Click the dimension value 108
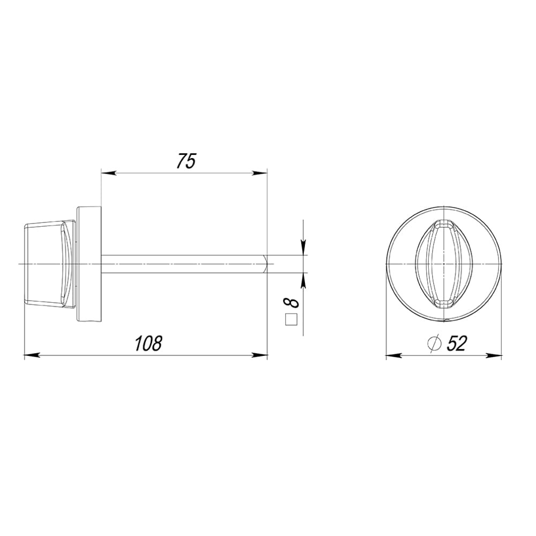(x=148, y=344)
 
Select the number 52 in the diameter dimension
(x=456, y=344)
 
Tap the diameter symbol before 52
(x=434, y=344)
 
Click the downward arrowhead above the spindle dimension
(x=303, y=247)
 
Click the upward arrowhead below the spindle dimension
(x=303, y=280)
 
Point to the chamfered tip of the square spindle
(x=270, y=264)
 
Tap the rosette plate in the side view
(x=90, y=264)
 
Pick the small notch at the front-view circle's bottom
(x=445, y=321)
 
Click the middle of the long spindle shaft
(x=182, y=264)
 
